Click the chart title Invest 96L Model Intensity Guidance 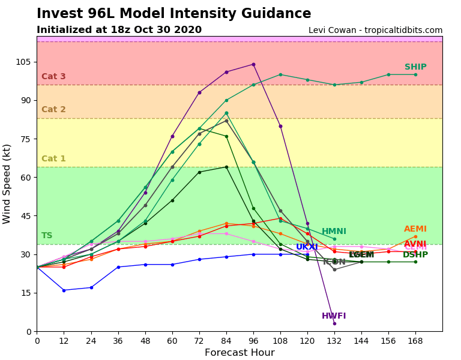173,14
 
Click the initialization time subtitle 119,30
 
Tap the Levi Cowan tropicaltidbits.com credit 375,30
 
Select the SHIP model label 415,67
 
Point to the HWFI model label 334,316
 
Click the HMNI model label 334,232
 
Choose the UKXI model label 307,247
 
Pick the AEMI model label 415,229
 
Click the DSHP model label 415,255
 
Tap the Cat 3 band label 53,77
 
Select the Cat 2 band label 53,110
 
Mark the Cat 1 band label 53,159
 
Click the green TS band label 47,236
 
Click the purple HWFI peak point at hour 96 253,64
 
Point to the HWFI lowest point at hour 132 334,323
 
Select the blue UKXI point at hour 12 64,290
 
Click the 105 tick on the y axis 23,62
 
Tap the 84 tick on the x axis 226,340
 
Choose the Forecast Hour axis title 240,353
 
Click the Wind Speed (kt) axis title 7,184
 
